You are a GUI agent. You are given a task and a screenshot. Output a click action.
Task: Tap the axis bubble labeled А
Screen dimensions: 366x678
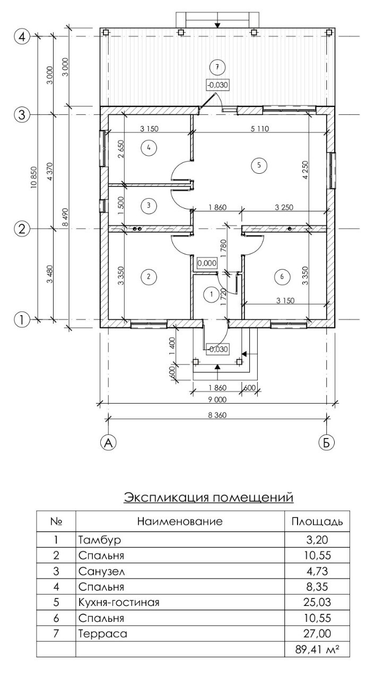coord(108,442)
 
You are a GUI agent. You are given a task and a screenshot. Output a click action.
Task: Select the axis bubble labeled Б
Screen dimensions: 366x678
coord(326,442)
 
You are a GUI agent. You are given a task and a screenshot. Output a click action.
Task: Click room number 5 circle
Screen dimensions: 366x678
coord(259,165)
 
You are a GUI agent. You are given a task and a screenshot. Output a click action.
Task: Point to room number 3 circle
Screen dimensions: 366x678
coord(149,205)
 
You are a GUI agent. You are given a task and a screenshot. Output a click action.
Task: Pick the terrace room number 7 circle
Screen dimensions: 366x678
coord(217,67)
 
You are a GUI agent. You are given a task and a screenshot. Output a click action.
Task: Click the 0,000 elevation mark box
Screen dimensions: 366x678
coord(207,263)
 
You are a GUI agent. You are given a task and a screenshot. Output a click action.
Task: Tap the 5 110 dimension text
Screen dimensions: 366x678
coord(260,129)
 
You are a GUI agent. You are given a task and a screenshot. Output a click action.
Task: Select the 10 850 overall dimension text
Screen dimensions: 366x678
coord(33,177)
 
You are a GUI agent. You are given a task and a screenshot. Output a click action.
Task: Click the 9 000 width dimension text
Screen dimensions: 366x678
coord(217,399)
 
